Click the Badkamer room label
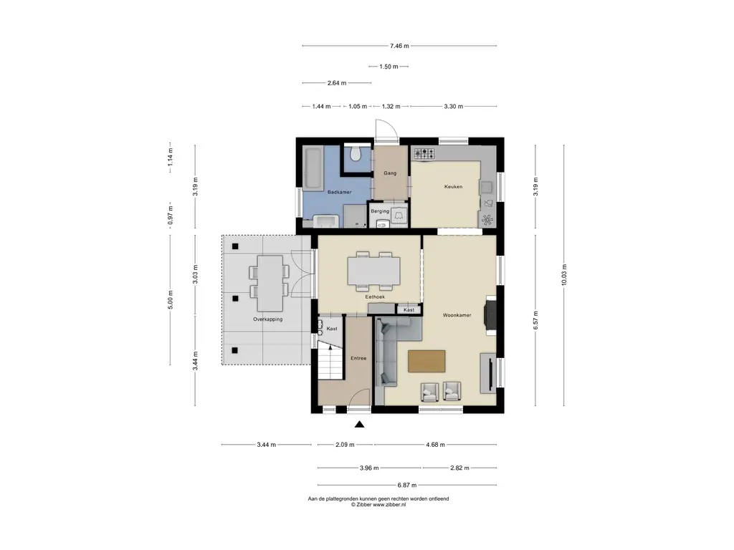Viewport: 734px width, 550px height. click(x=339, y=192)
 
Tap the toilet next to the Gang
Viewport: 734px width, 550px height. click(x=356, y=153)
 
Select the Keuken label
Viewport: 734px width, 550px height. click(x=453, y=187)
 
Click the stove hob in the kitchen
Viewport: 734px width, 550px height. click(x=424, y=153)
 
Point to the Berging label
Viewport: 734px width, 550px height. click(x=380, y=211)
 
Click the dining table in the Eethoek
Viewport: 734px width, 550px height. click(x=373, y=271)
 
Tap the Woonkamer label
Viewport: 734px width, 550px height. click(x=457, y=315)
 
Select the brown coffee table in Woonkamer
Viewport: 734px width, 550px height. click(x=426, y=361)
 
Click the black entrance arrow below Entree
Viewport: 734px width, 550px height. click(x=359, y=424)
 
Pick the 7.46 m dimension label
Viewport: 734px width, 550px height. click(x=399, y=46)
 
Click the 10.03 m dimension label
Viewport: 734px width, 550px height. click(x=564, y=276)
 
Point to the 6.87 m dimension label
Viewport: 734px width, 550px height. click(x=407, y=486)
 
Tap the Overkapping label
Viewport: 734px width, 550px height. click(x=268, y=319)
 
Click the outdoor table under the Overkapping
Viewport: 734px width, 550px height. click(x=270, y=284)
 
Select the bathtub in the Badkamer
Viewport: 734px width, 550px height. click(x=313, y=168)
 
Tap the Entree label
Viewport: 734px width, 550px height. click(x=358, y=358)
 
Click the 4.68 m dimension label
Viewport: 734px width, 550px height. click(x=435, y=445)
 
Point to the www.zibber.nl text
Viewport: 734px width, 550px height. click(x=389, y=505)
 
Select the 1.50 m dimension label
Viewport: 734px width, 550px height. click(x=389, y=67)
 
